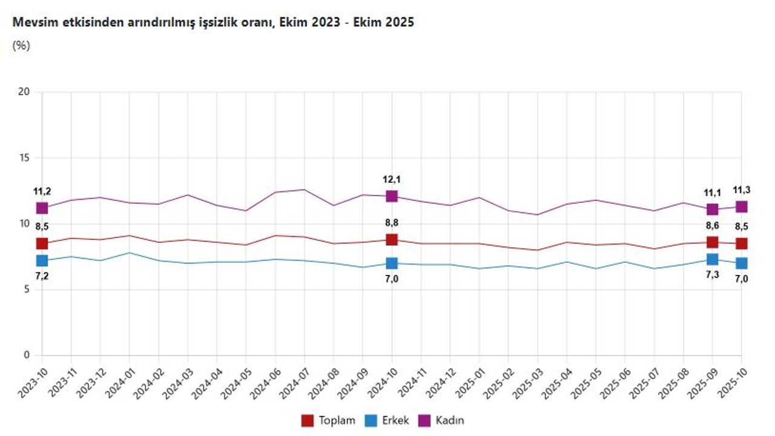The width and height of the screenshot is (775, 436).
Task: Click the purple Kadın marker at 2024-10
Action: [x=392, y=196]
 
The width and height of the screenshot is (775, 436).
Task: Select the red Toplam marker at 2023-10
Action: [x=42, y=243]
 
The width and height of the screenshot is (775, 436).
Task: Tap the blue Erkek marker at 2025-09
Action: [x=712, y=259]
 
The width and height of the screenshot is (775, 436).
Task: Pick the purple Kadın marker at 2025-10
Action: [x=741, y=206]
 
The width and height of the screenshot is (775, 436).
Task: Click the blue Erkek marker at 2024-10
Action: [x=392, y=263]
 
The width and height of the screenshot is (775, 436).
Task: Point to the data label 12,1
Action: [x=392, y=179]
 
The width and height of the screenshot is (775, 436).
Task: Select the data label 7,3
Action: [x=712, y=275]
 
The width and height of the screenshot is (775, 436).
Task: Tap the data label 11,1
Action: [x=712, y=192]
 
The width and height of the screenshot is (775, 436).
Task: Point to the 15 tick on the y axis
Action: [x=24, y=158]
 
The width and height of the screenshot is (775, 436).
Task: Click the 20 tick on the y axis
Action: [x=24, y=92]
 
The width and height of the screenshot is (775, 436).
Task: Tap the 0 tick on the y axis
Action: [x=27, y=355]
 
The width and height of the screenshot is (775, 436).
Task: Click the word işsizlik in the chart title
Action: [x=245, y=22]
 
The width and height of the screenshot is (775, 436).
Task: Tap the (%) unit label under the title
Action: [x=21, y=45]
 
